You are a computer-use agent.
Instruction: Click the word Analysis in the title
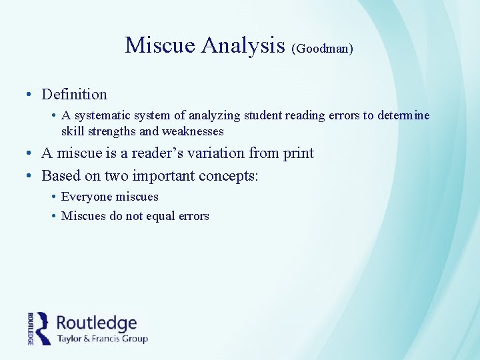[243, 45]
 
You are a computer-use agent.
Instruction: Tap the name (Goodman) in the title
[322, 49]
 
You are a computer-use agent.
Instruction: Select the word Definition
[74, 94]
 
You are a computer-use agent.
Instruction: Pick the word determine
[404, 115]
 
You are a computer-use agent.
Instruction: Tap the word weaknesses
[193, 131]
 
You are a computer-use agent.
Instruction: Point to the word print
[298, 153]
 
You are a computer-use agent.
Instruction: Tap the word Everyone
[86, 197]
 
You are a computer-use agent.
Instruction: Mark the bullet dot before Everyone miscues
[52, 197]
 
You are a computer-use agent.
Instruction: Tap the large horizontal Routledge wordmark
[97, 323]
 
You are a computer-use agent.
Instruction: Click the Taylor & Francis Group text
[102, 339]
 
